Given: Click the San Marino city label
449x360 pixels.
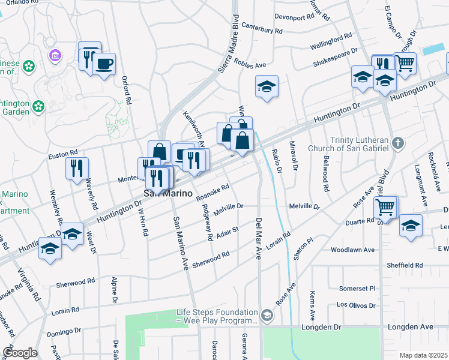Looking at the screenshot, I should [167, 194].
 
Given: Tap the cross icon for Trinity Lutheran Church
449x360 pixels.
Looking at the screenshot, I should [396, 143].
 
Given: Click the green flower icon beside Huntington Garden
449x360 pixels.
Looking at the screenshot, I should [38, 106].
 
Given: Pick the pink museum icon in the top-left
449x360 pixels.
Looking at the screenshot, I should [55, 56].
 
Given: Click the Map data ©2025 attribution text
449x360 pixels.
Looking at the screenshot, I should [423, 355].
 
